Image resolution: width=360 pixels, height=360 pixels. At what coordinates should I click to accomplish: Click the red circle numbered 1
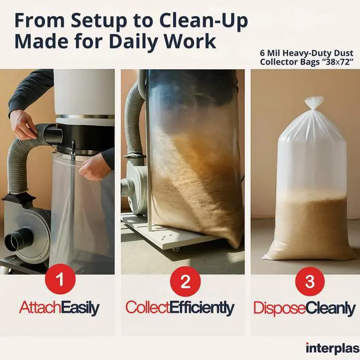click(60, 280)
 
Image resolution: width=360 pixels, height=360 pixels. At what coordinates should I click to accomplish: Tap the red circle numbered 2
click(185, 281)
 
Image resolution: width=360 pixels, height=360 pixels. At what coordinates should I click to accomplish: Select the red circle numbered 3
click(310, 281)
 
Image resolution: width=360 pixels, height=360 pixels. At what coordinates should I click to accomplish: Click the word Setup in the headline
click(99, 21)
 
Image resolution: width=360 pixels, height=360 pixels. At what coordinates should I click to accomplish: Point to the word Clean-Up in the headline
click(204, 21)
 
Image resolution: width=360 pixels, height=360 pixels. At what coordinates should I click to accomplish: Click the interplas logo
click(332, 348)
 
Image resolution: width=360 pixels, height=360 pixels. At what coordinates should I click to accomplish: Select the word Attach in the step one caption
click(40, 308)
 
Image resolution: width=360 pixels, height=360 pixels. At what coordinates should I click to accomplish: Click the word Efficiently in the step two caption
click(202, 308)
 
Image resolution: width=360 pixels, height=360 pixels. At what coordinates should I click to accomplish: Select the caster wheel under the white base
click(175, 249)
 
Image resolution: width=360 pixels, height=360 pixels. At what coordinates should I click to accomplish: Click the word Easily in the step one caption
click(80, 308)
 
